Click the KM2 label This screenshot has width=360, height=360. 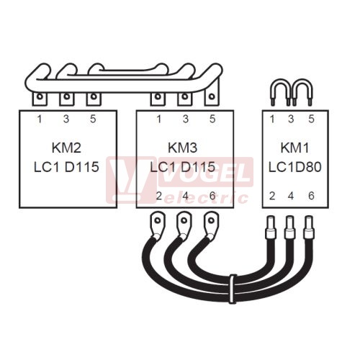66,148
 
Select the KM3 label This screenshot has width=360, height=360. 182,148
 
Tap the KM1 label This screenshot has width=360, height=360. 294,148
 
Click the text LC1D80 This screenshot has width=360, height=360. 294,167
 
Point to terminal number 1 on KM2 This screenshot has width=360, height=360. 40,119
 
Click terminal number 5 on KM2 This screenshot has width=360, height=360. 93,119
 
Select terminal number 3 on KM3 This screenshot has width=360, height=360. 186,119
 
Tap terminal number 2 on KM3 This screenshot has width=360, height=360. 158,196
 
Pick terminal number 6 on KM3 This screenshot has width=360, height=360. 212,196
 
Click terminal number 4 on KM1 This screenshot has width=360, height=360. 291,196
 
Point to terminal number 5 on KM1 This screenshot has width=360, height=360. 311,119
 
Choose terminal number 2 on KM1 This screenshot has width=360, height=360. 272,196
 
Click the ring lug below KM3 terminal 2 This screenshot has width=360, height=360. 157,224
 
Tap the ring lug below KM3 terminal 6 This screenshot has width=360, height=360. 211,224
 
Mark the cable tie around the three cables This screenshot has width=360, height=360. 232,289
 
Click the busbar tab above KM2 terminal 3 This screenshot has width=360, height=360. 67,99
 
